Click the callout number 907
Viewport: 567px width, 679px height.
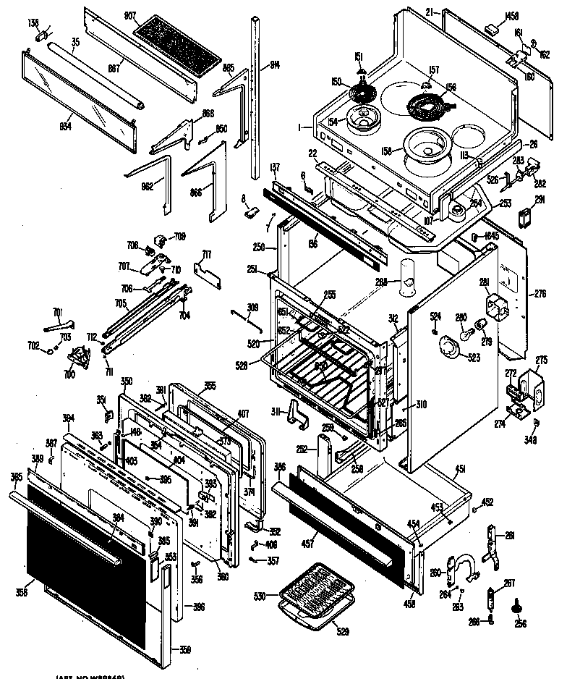coord(129,15)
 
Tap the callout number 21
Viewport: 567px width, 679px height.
coord(429,14)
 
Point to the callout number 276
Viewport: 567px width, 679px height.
coord(539,293)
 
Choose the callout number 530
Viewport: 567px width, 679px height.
coord(260,596)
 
